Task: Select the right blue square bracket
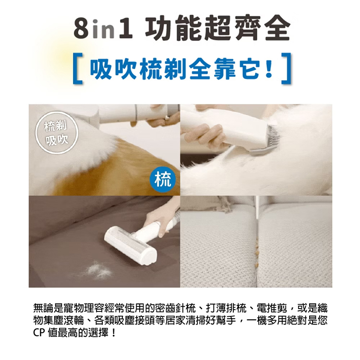(286, 68)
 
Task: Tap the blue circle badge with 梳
(163, 180)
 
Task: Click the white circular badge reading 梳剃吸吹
(57, 132)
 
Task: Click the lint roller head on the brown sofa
(131, 246)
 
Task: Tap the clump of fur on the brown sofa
(99, 270)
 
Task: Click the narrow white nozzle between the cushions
(257, 208)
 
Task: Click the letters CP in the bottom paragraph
(39, 333)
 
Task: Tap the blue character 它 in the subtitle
(249, 68)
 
